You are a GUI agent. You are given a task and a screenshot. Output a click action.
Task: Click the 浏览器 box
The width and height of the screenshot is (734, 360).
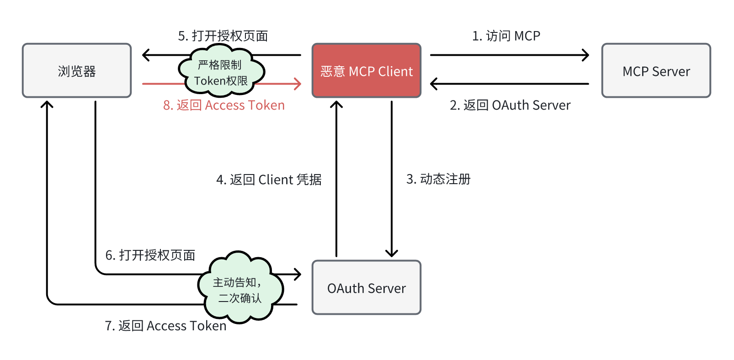pos(77,71)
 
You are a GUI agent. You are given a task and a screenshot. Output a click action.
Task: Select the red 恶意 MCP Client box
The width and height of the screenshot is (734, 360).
pos(367,71)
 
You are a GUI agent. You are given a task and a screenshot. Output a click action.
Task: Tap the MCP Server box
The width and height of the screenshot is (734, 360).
pos(656,71)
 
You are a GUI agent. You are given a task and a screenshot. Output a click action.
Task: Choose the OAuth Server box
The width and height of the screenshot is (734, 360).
pos(367,288)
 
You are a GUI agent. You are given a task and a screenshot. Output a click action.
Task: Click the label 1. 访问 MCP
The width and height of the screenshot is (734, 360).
pos(506,36)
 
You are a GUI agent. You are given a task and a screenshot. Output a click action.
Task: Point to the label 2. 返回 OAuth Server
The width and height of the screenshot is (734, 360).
pos(510,106)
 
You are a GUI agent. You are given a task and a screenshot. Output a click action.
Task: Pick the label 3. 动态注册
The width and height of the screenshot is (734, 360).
pos(438,179)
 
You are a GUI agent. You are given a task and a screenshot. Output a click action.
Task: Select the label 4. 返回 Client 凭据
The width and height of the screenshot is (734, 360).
pos(269,180)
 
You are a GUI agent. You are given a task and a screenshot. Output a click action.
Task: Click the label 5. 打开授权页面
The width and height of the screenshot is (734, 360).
pos(223,36)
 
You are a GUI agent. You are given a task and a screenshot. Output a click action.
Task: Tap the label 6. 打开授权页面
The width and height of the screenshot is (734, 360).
pos(150,255)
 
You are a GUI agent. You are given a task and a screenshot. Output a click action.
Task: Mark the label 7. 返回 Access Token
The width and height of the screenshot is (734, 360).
pos(165,326)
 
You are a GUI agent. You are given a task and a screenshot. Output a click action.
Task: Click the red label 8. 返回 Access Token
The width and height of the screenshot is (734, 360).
pos(224,106)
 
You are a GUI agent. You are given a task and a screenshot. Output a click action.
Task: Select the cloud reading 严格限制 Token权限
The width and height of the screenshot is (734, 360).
pos(221,72)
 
